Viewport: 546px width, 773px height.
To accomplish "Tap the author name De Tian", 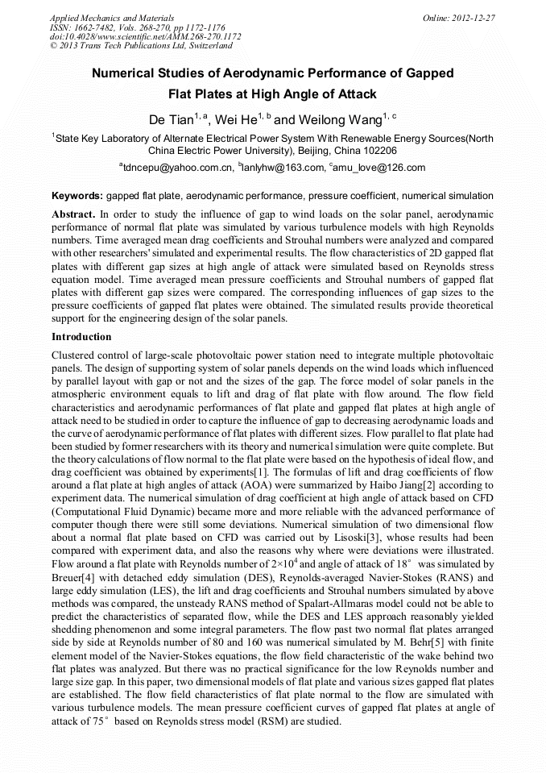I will pyautogui.click(x=170, y=120).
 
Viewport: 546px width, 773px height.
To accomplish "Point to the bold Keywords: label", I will pyautogui.click(x=77, y=196).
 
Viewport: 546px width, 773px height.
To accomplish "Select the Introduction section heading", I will pyautogui.click(x=81, y=336).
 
